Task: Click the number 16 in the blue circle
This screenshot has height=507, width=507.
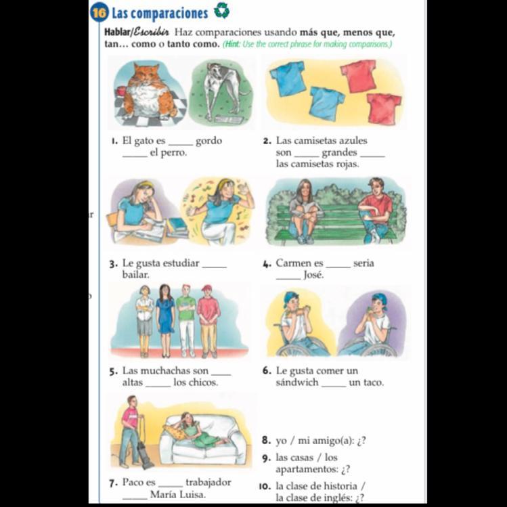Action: (99, 13)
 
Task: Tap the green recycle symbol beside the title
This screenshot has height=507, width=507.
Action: (222, 10)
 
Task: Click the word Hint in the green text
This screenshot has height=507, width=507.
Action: (232, 44)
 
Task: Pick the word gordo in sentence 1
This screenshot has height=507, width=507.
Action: (209, 141)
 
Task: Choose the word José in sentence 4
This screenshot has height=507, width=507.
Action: (313, 275)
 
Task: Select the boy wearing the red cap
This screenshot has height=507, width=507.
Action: (208, 320)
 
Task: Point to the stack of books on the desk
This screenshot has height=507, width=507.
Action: (177, 227)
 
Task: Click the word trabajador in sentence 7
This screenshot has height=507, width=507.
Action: (208, 482)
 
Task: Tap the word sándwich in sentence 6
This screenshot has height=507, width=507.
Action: (297, 382)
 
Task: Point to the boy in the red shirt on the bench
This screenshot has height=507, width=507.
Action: (376, 210)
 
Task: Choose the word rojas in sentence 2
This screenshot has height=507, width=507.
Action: (347, 164)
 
